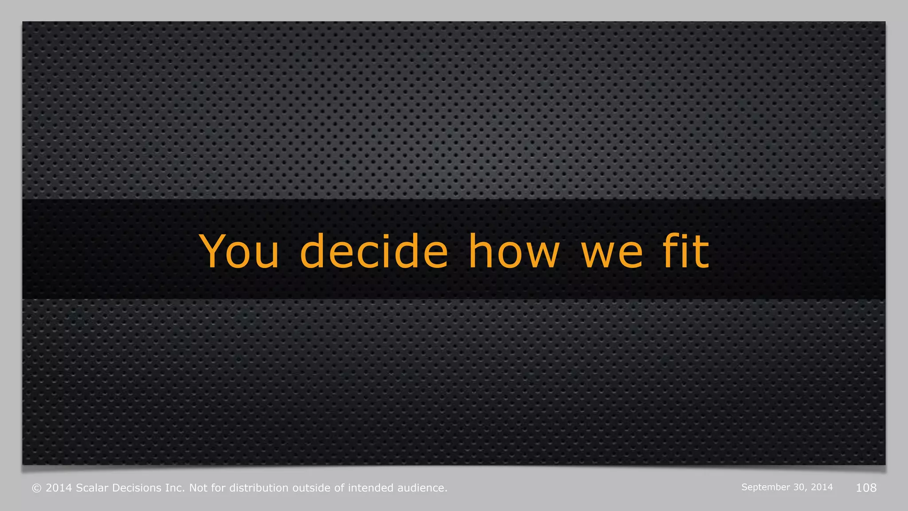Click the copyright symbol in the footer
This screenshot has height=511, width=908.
pyautogui.click(x=37, y=488)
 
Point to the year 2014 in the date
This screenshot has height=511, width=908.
pyautogui.click(x=822, y=487)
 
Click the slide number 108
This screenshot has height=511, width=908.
pyautogui.click(x=866, y=488)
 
